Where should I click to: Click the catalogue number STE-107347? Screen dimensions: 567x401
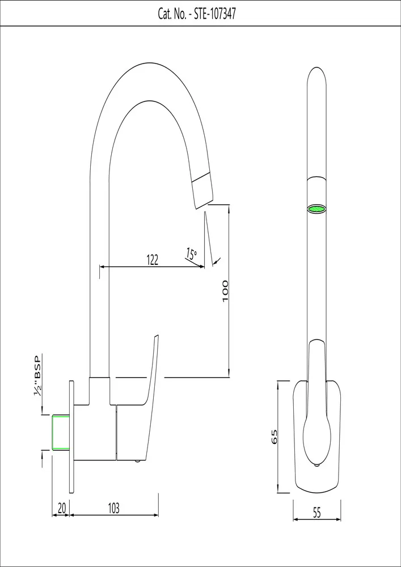point(215,14)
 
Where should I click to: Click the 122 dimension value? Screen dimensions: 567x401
point(152,260)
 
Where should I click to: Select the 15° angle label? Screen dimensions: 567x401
point(191,253)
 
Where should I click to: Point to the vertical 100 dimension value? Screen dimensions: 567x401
point(225,290)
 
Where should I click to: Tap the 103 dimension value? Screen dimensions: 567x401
point(114,509)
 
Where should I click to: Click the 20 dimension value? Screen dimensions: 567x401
point(62,509)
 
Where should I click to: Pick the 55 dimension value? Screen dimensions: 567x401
point(316,513)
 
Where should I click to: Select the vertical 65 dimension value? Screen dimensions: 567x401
point(275,437)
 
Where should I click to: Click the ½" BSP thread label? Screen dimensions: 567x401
point(39,376)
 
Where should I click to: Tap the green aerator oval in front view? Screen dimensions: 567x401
point(317,209)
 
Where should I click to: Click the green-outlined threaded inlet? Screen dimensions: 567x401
point(60,433)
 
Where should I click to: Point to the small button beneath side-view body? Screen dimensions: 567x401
point(137,462)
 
